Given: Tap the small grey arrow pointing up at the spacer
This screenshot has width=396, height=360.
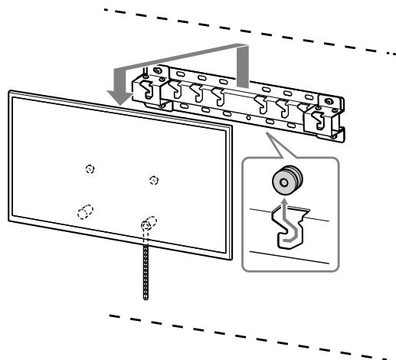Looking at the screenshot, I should (x=283, y=205).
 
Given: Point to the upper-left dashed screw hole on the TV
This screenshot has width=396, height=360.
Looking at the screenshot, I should (x=90, y=169).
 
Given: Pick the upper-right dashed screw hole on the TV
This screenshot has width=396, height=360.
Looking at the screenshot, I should (x=155, y=180).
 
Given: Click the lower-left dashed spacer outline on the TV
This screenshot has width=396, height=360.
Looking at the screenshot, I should (x=84, y=212).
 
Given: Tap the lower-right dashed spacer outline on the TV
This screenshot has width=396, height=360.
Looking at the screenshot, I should (x=149, y=223).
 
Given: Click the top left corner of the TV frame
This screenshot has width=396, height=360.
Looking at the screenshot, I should (x=9, y=92).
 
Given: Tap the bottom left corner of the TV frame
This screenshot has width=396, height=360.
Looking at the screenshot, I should (x=9, y=218).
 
